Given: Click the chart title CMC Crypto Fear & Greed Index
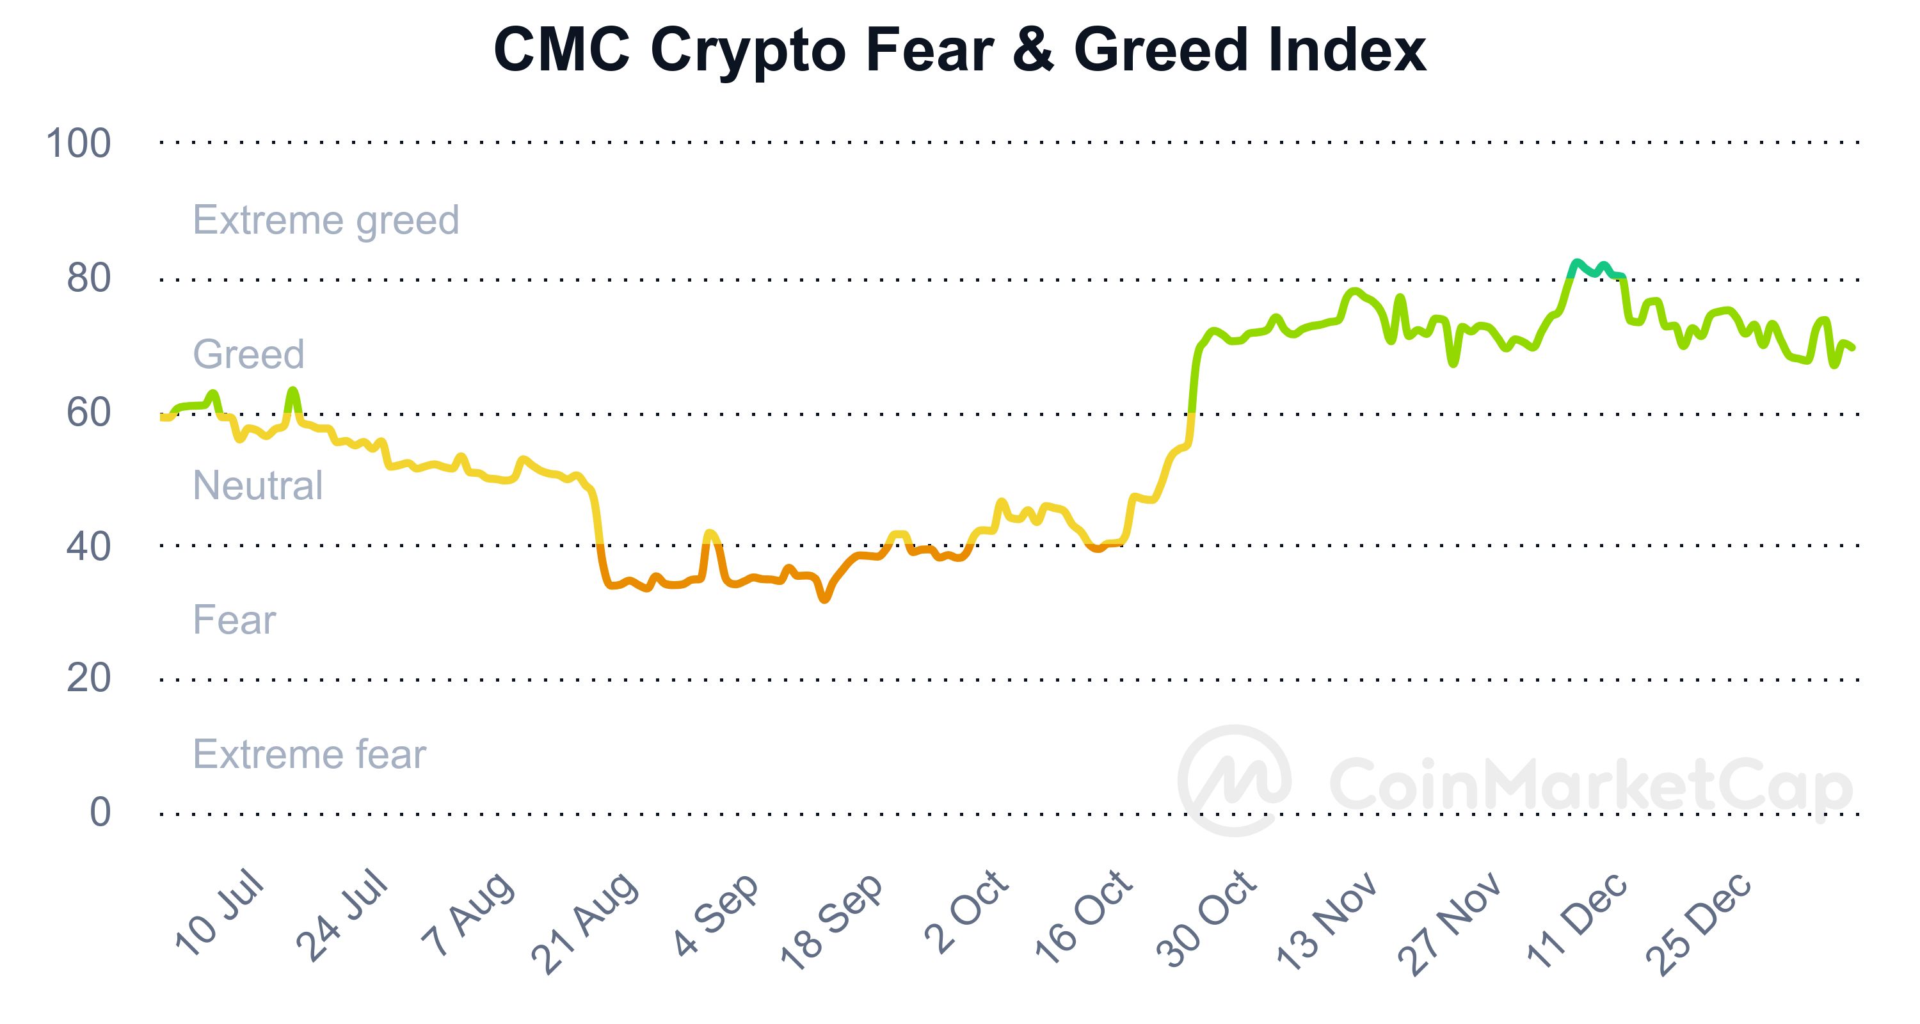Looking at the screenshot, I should (x=959, y=50).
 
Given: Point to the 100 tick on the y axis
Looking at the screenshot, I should (x=78, y=143).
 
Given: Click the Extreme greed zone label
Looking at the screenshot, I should (x=326, y=220).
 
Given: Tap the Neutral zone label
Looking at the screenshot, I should (x=257, y=485).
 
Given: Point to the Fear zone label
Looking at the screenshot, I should (x=234, y=620).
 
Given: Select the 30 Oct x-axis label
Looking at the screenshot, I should (x=1206, y=919).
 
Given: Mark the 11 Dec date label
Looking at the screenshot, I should (x=1576, y=919).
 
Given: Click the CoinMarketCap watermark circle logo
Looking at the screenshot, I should (x=1235, y=780).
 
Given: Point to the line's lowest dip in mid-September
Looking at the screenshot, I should (x=824, y=598).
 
